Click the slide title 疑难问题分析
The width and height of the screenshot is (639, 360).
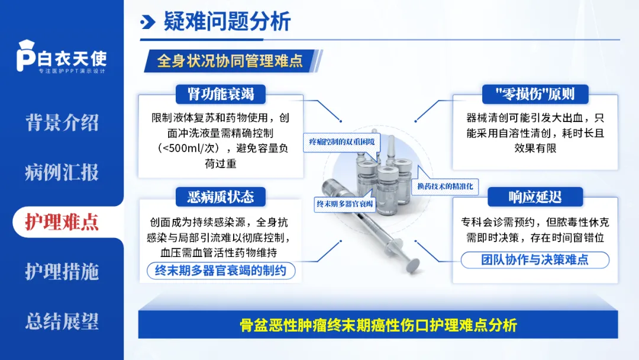click(227, 22)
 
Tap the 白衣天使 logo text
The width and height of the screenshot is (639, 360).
click(72, 58)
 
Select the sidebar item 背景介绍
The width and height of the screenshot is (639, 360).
click(62, 123)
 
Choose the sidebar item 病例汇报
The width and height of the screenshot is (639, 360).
click(62, 172)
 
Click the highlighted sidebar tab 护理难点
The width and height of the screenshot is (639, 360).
click(62, 222)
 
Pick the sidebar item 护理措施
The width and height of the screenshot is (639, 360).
click(62, 272)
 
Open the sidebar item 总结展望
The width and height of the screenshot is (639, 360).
click(62, 322)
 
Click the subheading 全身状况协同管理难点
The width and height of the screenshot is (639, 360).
click(230, 61)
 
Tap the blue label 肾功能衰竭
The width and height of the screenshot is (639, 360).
click(220, 94)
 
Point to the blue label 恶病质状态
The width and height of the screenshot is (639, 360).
click(220, 197)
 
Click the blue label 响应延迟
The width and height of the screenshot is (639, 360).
click(535, 197)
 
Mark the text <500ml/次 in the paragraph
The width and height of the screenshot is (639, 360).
click(190, 148)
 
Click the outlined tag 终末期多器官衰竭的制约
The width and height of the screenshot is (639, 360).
click(220, 272)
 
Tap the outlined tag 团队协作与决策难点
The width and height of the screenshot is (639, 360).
click(535, 259)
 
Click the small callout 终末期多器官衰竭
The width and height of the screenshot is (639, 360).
click(344, 204)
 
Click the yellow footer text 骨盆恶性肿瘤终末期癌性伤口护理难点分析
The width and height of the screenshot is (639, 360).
click(379, 325)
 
